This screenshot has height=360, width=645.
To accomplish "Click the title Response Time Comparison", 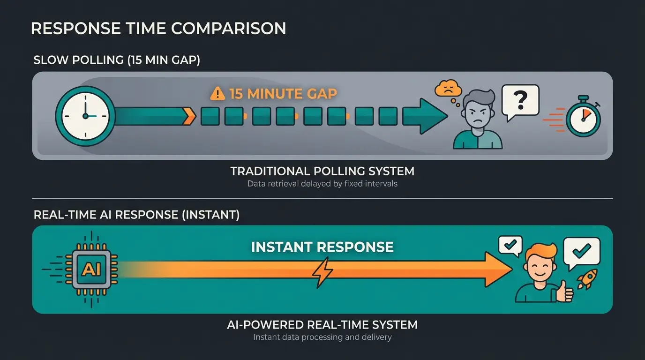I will point(158,29).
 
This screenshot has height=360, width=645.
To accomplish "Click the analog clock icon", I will point(85,116).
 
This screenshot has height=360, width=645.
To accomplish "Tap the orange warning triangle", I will point(217,93).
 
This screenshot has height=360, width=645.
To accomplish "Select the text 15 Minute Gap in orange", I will point(283,93).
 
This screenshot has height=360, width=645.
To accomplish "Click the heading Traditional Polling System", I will point(322,171).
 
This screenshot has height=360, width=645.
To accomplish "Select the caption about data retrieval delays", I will point(322,184).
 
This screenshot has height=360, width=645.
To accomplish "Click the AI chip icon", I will point(91,269).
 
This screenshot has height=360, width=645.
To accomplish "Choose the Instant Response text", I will point(322,247).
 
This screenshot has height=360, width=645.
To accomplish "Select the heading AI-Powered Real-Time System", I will point(322,324).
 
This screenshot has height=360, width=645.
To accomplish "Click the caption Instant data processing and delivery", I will point(322,337).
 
